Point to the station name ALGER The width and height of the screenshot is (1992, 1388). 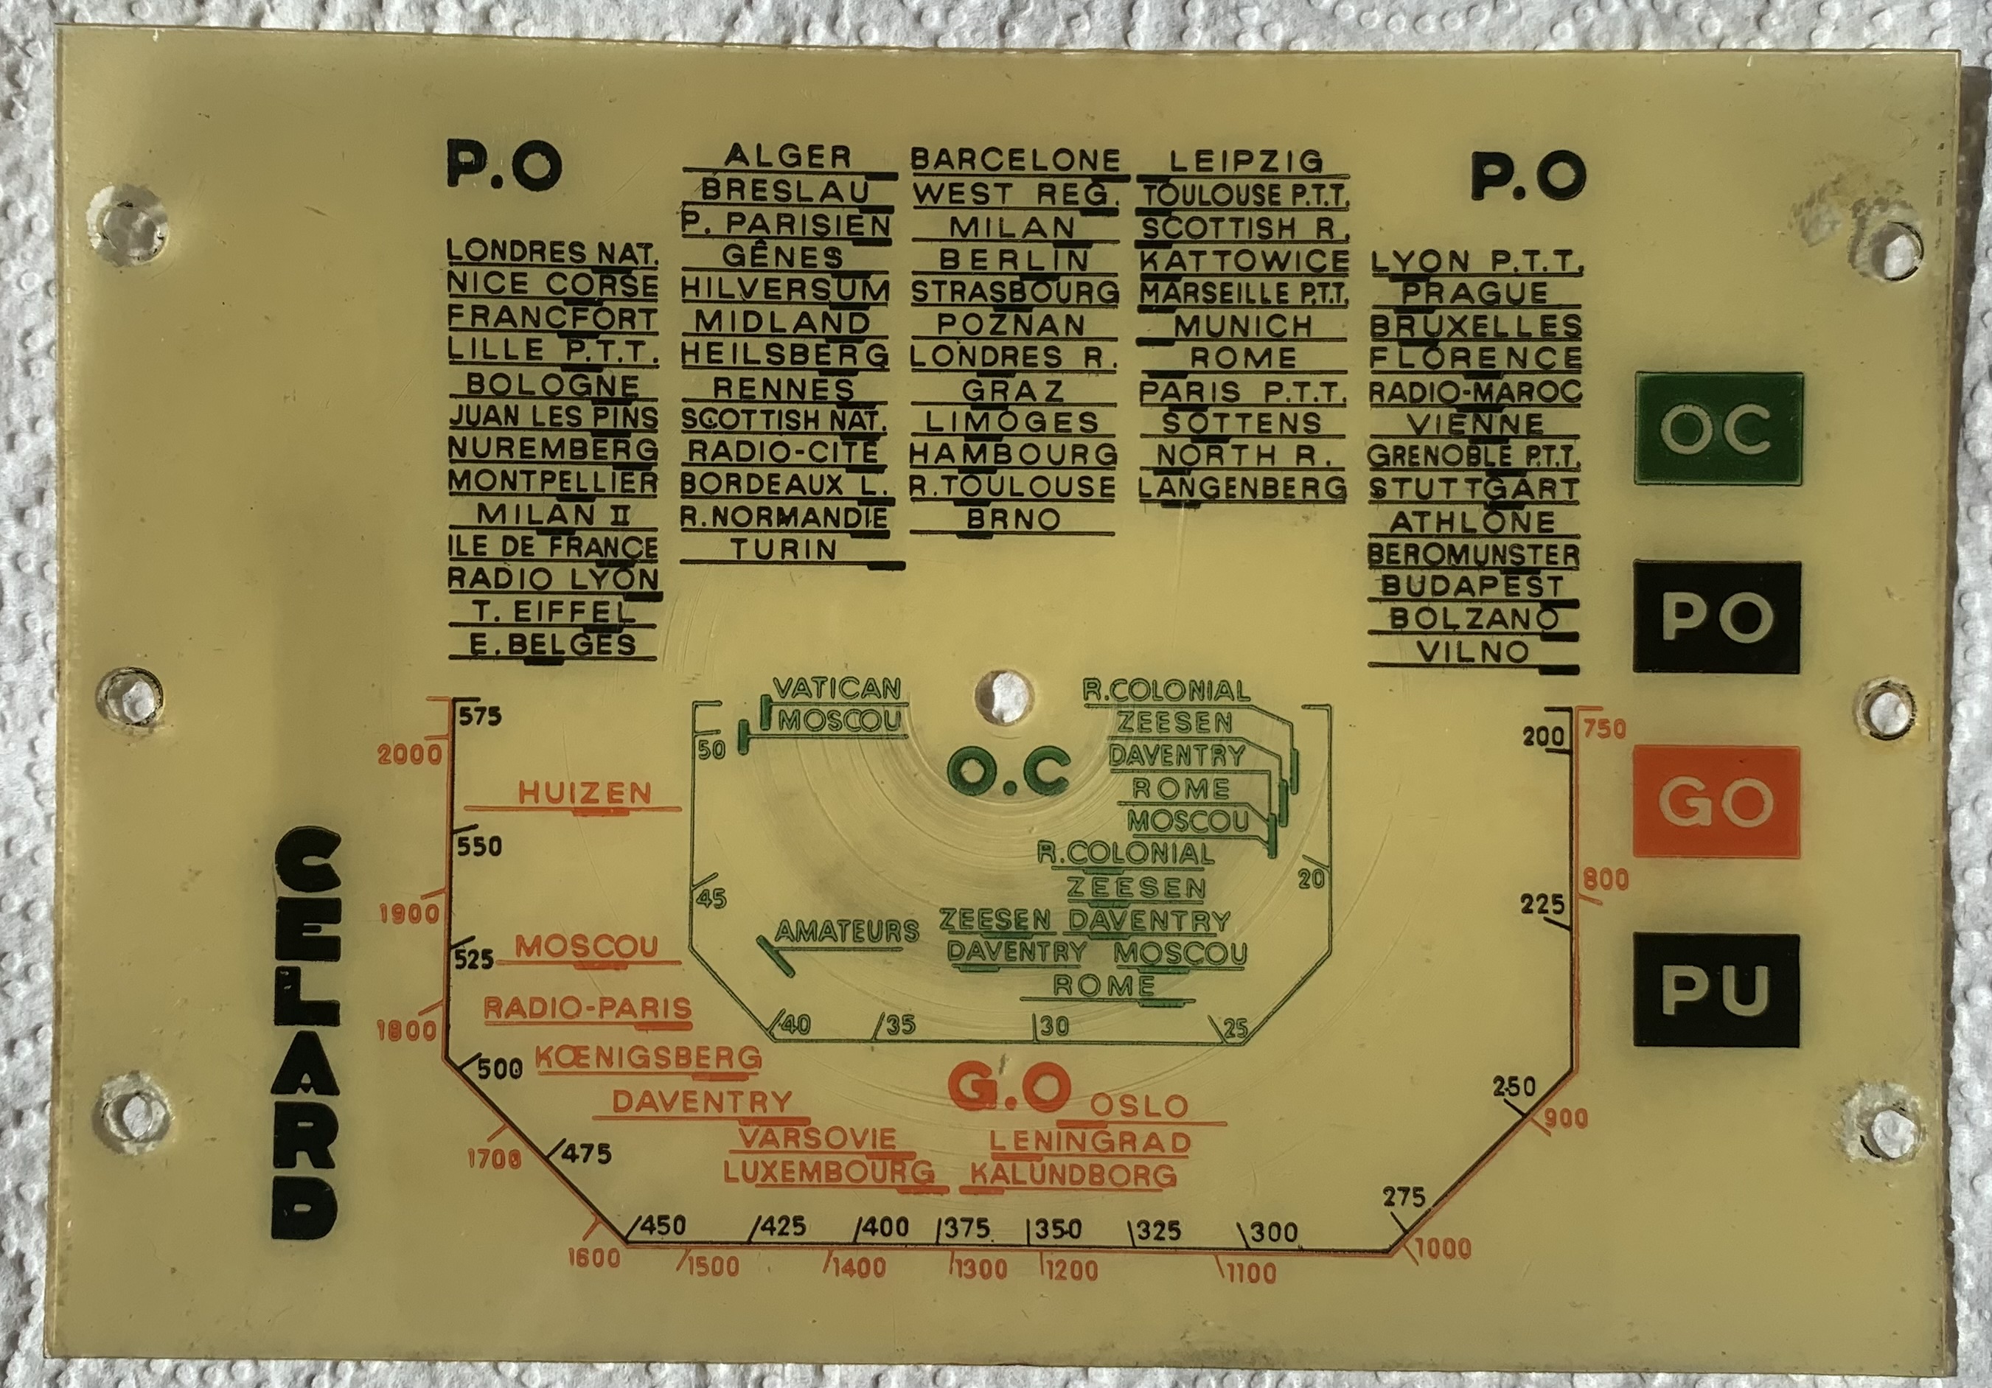click(789, 157)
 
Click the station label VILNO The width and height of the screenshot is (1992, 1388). click(1472, 652)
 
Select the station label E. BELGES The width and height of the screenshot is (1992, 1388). click(553, 644)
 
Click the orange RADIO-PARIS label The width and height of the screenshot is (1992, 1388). click(588, 1008)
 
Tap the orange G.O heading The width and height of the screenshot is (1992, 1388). click(1006, 1088)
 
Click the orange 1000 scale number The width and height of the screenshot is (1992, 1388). click(1443, 1249)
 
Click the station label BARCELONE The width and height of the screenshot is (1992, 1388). click(1015, 160)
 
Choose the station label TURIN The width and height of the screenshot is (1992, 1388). click(784, 549)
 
